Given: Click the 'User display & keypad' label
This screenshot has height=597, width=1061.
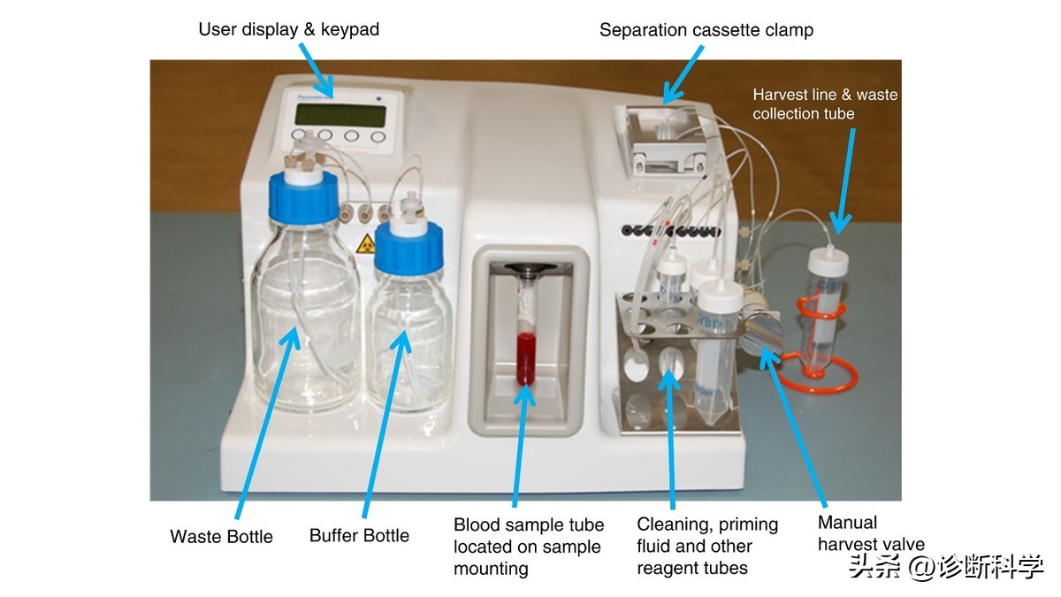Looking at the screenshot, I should point(288,29).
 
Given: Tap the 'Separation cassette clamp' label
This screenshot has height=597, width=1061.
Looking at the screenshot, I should point(706,30).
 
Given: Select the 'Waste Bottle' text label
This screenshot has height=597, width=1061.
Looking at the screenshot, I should point(221,536).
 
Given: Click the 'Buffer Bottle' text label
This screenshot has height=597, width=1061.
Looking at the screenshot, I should point(359,535).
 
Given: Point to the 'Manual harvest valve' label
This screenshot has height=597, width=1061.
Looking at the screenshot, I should point(870,533).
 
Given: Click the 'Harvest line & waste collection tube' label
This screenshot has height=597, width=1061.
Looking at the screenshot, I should point(824,103).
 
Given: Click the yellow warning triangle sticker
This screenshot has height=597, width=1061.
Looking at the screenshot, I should point(363,245).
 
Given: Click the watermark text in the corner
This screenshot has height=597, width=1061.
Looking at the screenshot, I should point(945,567).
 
